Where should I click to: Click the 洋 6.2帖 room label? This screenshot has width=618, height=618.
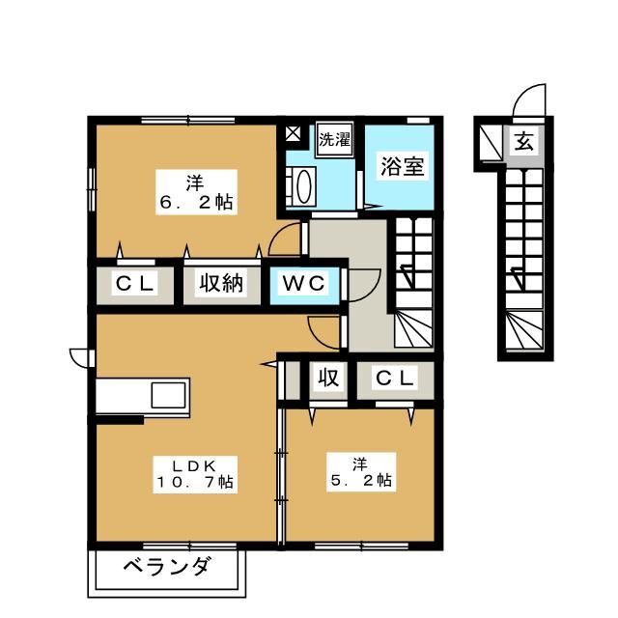point(196,192)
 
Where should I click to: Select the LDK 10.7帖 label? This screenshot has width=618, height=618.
point(196,470)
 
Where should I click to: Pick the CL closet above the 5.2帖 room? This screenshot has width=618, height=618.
point(394,379)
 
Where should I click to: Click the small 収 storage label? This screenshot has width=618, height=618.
point(328,379)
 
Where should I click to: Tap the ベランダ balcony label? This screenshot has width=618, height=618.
point(166,567)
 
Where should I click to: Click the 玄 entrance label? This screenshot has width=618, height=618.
point(522,143)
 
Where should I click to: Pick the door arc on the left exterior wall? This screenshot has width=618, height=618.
point(80,356)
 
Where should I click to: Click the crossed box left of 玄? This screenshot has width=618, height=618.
point(491,143)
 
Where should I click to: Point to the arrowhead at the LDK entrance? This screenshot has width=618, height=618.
point(267,364)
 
